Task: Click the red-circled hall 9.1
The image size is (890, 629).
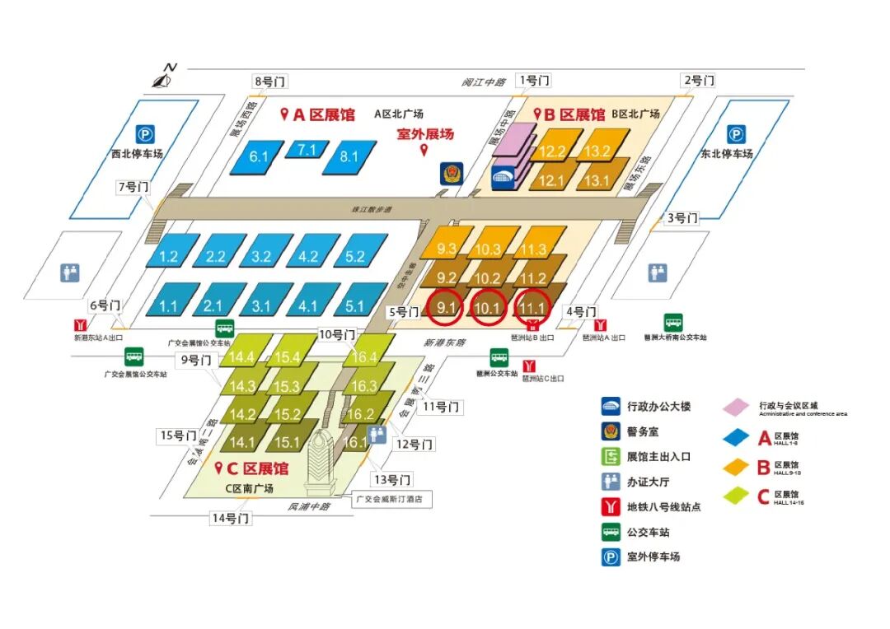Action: coord(447,308)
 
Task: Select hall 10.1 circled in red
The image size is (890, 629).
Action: coord(489,308)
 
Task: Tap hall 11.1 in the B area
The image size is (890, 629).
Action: coord(532,308)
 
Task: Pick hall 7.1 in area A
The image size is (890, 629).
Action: coord(307,150)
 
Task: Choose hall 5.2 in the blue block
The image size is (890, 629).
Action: coord(354,257)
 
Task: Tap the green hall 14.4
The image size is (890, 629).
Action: coord(242,357)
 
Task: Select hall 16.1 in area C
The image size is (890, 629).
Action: coord(355,442)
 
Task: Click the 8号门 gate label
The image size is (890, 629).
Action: coord(270,82)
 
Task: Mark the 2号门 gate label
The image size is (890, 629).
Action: coord(698,81)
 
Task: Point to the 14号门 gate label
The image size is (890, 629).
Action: coord(231,518)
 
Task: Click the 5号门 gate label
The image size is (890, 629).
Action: coord(402,312)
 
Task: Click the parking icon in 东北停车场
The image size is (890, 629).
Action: coord(736,135)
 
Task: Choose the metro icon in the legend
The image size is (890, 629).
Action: coord(611,507)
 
